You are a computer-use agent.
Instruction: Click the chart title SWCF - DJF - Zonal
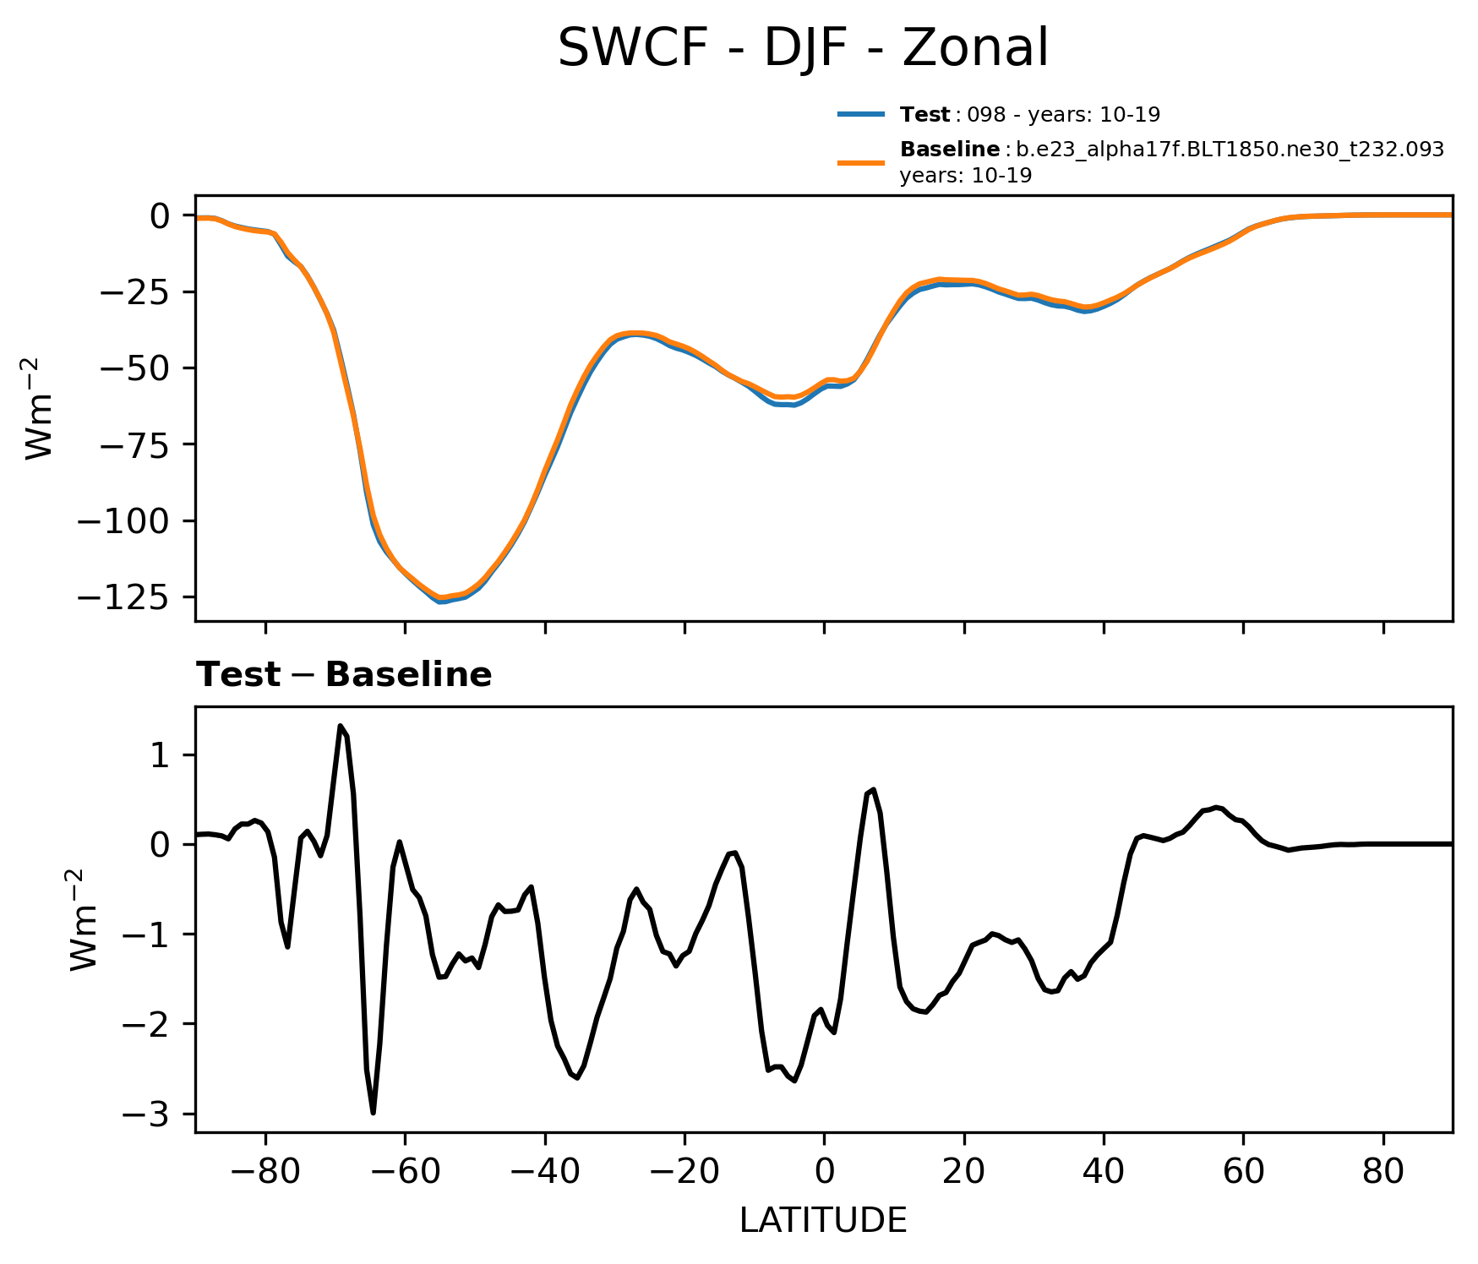pyautogui.click(x=803, y=48)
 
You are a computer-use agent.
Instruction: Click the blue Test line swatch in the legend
pyautogui.click(x=861, y=114)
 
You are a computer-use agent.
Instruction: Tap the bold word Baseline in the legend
pyautogui.click(x=950, y=150)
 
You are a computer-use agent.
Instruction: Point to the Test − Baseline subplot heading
pyautogui.click(x=344, y=675)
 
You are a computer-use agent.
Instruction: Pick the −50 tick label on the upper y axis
pyautogui.click(x=135, y=368)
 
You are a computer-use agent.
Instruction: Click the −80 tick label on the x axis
pyautogui.click(x=265, y=1173)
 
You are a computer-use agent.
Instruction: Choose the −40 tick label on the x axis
pyautogui.click(x=545, y=1173)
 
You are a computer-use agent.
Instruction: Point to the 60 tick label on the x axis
pyautogui.click(x=1243, y=1173)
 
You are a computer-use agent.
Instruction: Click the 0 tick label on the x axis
pyautogui.click(x=824, y=1173)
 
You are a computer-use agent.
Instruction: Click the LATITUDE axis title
pyautogui.click(x=823, y=1221)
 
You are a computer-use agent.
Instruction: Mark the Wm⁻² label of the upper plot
pyautogui.click(x=40, y=408)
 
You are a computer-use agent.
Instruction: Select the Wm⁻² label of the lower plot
pyautogui.click(x=85, y=919)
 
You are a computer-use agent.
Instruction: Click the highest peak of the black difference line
pyautogui.click(x=341, y=726)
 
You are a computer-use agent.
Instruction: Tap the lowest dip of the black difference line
pyautogui.click(x=373, y=1113)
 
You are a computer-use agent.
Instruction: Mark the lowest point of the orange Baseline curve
pyautogui.click(x=439, y=597)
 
